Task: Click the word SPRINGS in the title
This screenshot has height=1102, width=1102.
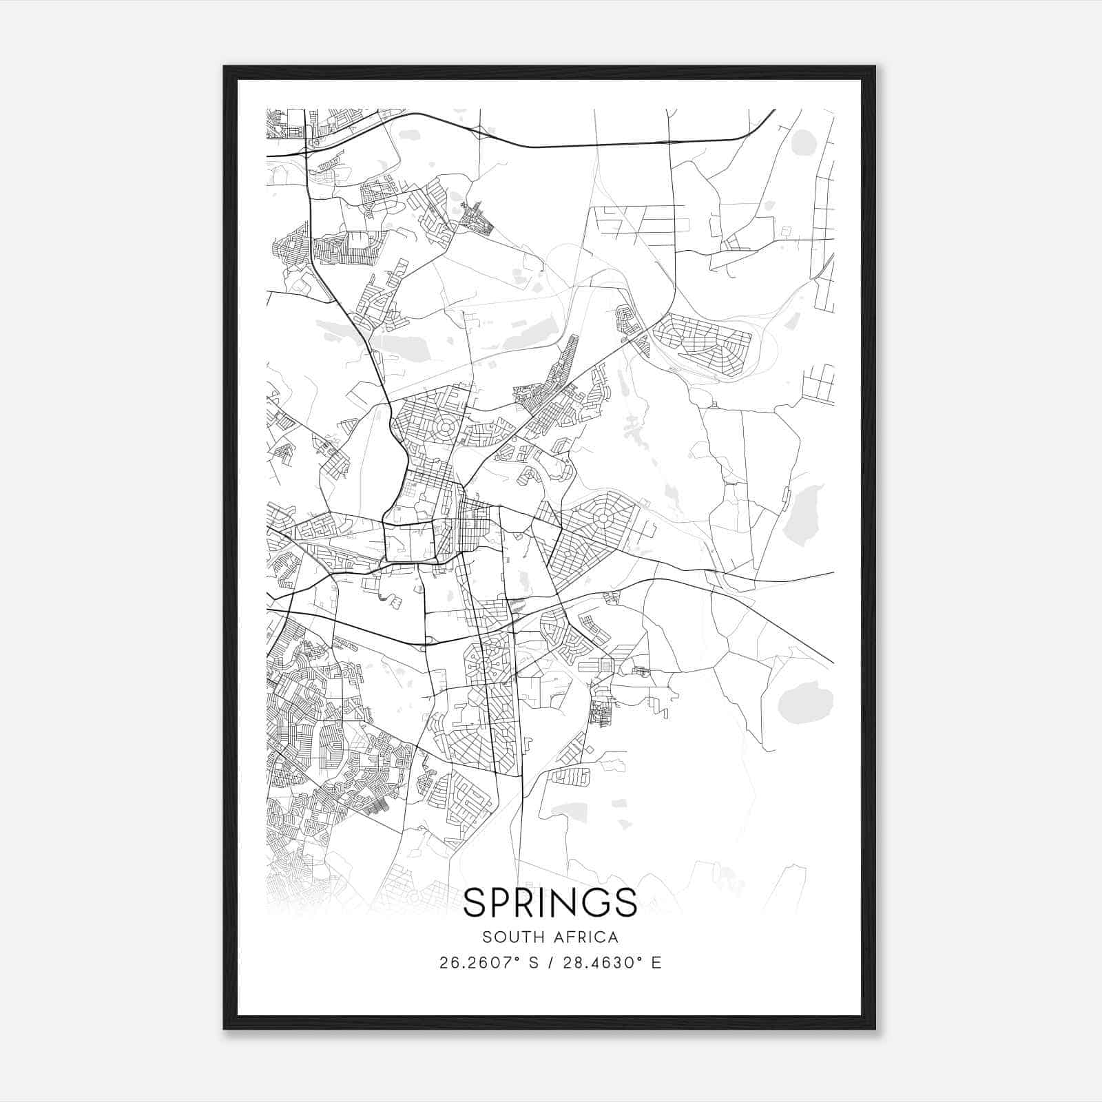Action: point(550,902)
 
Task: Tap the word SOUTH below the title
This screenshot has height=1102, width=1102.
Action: point(508,937)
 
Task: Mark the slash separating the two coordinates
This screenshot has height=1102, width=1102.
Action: point(551,963)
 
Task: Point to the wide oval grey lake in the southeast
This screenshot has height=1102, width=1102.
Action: point(806,703)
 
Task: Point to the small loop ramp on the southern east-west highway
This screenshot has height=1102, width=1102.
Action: point(428,641)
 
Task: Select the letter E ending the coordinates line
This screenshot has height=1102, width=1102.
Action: point(656,963)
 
